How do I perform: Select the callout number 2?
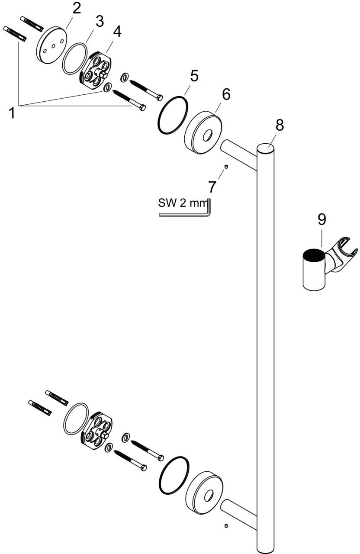77,9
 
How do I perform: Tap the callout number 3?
100,22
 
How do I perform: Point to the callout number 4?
117,32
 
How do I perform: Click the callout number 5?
194,76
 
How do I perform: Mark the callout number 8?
280,125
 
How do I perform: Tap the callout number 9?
321,219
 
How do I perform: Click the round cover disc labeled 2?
51,45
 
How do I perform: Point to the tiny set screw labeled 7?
226,167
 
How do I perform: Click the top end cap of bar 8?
266,149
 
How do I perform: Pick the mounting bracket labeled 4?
96,70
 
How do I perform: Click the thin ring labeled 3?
75,58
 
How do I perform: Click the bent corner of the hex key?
209,215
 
